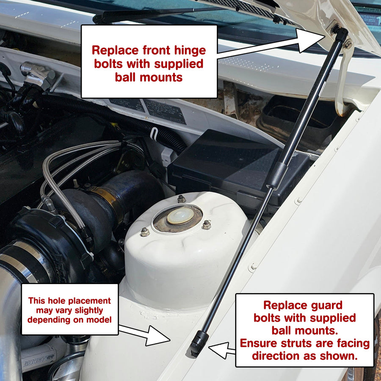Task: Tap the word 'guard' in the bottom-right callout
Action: pos(324,305)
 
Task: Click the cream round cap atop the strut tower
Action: pos(180,216)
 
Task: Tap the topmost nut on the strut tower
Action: pos(181,199)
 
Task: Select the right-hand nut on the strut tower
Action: pos(206,225)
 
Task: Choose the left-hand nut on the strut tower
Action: pos(144,232)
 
